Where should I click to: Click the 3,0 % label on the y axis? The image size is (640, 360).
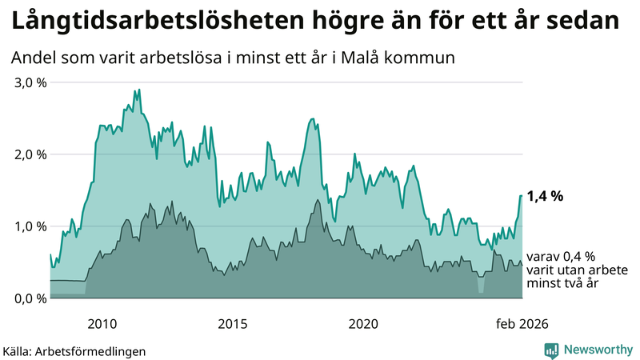29,82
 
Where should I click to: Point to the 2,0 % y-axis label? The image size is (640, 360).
29,154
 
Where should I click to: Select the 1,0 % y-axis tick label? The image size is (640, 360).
29,226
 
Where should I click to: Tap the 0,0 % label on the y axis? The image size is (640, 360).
29,298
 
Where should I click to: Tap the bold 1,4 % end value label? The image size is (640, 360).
546,195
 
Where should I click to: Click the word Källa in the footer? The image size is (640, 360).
17,350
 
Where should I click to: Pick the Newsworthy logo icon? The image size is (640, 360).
552,350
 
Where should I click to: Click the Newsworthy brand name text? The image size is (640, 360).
598,350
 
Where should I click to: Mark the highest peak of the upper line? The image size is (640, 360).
139,90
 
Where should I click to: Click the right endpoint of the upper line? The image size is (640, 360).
522,195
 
